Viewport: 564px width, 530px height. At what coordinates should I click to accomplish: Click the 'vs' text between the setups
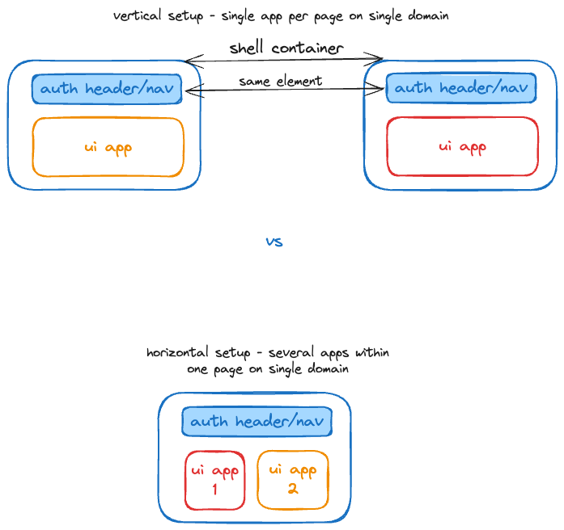[x=274, y=242]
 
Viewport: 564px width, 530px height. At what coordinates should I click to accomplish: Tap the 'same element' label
[x=280, y=81]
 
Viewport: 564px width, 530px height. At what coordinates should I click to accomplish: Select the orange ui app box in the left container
[x=108, y=147]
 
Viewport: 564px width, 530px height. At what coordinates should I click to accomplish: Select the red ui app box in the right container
[x=462, y=146]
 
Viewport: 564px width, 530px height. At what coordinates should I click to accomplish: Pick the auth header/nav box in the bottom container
[x=257, y=422]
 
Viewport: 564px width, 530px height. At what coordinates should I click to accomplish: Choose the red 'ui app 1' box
[x=214, y=480]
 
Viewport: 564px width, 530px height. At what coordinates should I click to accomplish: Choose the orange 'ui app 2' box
[x=293, y=480]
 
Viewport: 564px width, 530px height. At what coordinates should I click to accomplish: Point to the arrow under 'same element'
[x=283, y=90]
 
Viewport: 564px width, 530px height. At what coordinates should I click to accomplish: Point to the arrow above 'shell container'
[x=283, y=59]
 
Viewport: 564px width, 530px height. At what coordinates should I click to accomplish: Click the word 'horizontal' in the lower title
[x=178, y=353]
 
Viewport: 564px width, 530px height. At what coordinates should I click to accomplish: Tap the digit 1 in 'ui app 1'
[x=214, y=489]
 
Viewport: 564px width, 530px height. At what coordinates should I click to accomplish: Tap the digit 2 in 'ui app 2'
[x=293, y=489]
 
